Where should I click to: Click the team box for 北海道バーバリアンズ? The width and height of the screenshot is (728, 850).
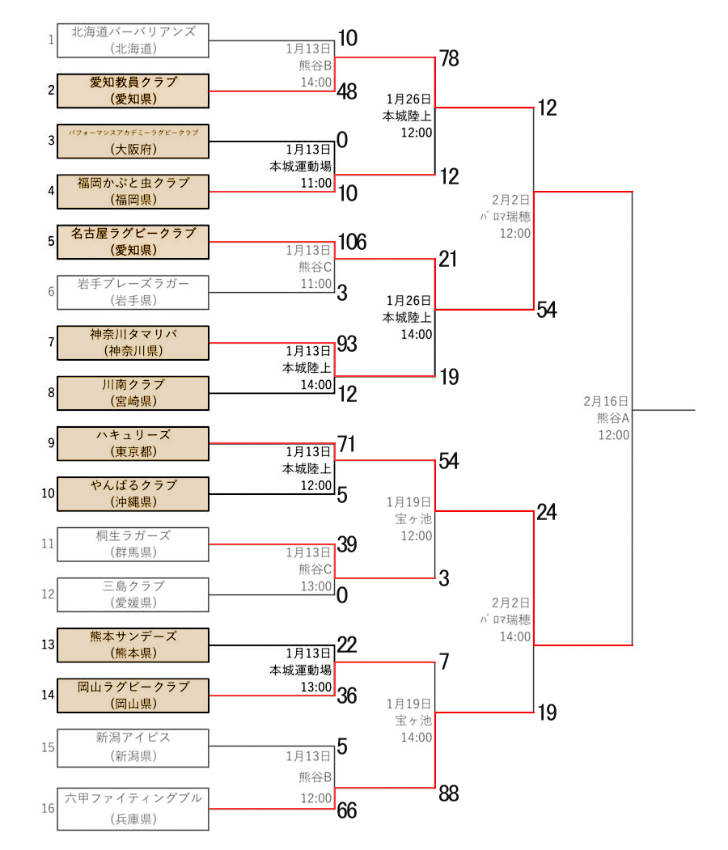tap(133, 40)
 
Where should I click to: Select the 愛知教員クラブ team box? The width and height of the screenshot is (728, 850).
tap(133, 91)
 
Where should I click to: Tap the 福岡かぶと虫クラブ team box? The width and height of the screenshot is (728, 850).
tap(133, 192)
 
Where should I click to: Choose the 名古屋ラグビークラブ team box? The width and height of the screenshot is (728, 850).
tap(133, 242)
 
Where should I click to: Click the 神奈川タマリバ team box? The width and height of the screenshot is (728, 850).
tap(133, 343)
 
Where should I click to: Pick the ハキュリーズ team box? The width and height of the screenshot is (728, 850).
tap(133, 443)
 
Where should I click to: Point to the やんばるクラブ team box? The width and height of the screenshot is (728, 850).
tap(133, 494)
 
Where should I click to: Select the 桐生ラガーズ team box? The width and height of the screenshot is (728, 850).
tap(133, 544)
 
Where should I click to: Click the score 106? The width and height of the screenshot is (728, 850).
tap(352, 242)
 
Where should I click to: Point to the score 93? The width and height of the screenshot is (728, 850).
tap(347, 344)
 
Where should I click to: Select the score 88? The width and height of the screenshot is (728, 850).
tap(449, 794)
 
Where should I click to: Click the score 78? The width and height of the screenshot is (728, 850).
tap(449, 58)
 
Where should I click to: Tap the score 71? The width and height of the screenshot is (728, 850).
tap(347, 444)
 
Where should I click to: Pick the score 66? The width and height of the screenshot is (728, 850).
tap(347, 811)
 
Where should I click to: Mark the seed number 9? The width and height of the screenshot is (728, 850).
tap(51, 443)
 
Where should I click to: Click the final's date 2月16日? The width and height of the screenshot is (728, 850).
tap(606, 401)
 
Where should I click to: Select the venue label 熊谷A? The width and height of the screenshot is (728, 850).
tap(613, 418)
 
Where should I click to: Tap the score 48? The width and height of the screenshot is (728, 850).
tap(347, 92)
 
